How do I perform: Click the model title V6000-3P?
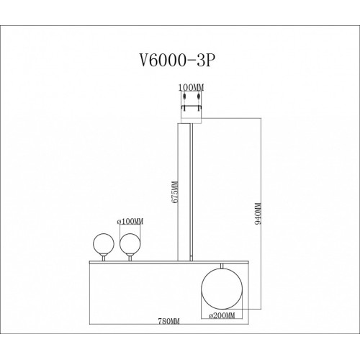point(176,60)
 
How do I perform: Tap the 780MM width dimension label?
point(168,321)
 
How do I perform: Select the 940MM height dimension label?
point(258,213)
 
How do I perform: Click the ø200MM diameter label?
point(222,315)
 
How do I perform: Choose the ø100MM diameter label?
point(130,222)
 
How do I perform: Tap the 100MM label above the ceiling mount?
point(191,88)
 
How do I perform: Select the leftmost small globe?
point(104,244)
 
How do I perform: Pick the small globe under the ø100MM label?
point(130,244)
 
